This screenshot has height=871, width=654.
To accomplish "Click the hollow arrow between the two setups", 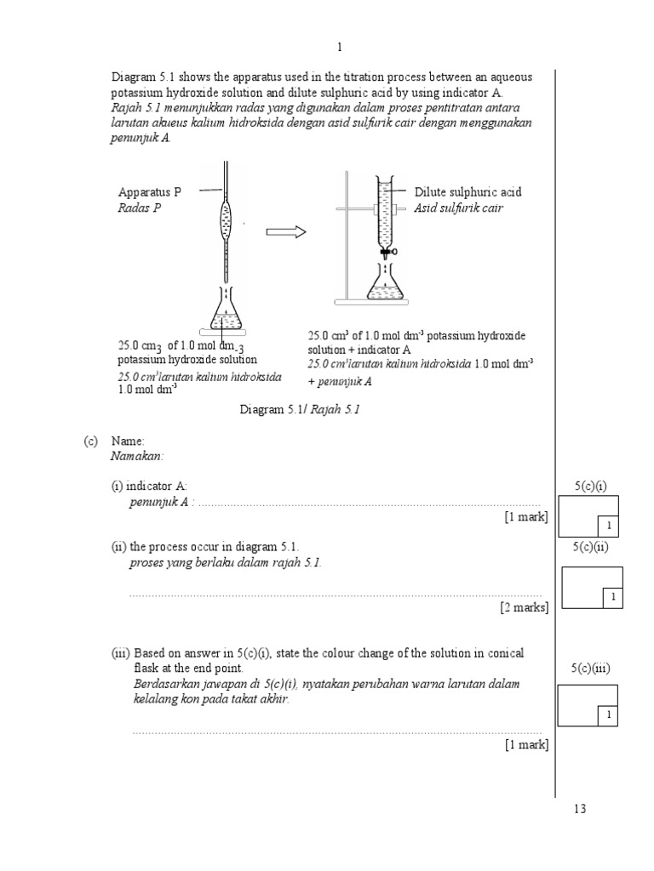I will pyautogui.click(x=285, y=232).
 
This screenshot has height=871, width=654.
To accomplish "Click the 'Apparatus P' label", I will pyautogui.click(x=150, y=192).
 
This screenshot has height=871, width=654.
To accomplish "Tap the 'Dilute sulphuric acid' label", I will pyautogui.click(x=468, y=192).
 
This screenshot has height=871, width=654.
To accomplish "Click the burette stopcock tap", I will pyautogui.click(x=387, y=251).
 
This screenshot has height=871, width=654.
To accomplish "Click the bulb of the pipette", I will pyautogui.click(x=226, y=223).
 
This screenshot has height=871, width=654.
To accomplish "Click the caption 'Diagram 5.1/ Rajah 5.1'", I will pyautogui.click(x=301, y=410).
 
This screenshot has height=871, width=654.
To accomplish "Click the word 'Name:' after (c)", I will pyautogui.click(x=128, y=441).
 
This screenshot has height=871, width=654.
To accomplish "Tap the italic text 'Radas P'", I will pyautogui.click(x=139, y=208).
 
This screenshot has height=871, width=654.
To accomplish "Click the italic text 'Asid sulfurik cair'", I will pyautogui.click(x=458, y=208).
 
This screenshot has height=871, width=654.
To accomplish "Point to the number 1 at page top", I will pyautogui.click(x=339, y=48).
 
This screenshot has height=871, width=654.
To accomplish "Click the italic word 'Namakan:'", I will pyautogui.click(x=136, y=456).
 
